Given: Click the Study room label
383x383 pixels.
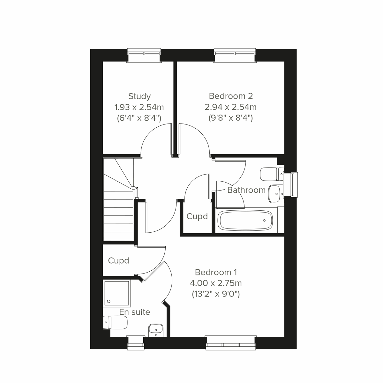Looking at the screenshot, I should (x=139, y=96).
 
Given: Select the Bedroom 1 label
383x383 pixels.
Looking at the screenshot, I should (x=216, y=272).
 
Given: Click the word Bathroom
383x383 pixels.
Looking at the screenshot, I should (x=246, y=190).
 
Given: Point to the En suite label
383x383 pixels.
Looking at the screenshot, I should (x=135, y=312).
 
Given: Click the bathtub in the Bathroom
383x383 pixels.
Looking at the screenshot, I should (x=245, y=221).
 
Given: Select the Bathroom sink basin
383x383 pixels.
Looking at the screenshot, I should (x=275, y=193).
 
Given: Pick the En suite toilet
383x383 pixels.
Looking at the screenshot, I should (x=115, y=322).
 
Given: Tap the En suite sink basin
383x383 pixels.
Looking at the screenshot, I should (x=156, y=329).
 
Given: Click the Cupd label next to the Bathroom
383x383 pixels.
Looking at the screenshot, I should (x=197, y=216).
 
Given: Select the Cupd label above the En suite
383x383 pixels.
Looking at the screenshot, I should (x=118, y=261).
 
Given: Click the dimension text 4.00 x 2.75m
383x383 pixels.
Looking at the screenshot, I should (x=216, y=283).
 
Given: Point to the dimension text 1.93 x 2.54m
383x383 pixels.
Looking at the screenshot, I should (x=139, y=107).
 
